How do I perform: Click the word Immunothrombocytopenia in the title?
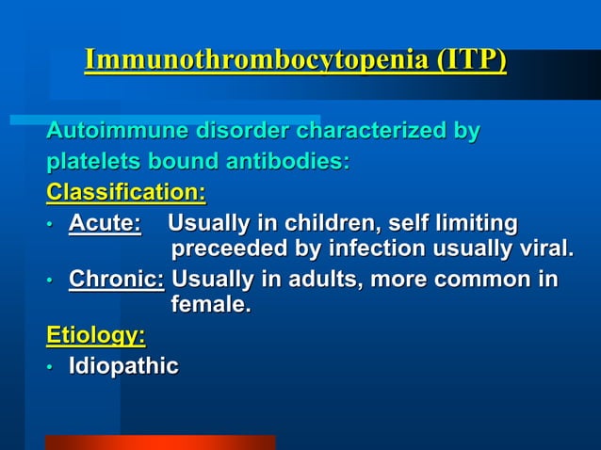point(256,60)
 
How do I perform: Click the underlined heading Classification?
point(125,193)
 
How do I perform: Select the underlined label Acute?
point(105,224)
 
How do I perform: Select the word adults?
point(317,281)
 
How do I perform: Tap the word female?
point(211,305)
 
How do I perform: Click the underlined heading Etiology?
point(96,335)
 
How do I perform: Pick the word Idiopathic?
point(123,366)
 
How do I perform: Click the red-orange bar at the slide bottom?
point(159,442)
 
